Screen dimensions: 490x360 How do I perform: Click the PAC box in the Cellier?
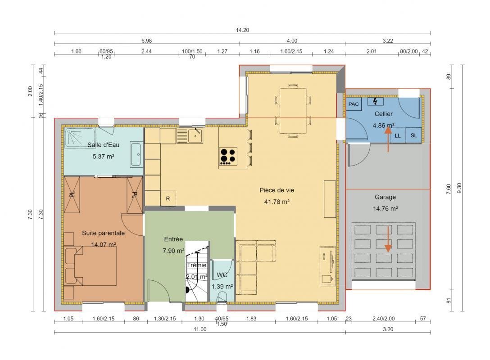(x=354, y=104)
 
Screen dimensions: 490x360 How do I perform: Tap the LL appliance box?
(x=398, y=135)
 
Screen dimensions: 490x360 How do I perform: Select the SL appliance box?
(x=414, y=135)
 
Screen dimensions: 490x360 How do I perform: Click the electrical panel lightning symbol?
(x=375, y=101)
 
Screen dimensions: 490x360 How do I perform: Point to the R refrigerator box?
(x=168, y=198)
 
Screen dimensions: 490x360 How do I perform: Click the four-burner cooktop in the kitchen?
(x=228, y=156)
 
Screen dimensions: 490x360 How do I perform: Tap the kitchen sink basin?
(x=195, y=135)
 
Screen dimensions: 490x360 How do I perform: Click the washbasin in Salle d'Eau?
(x=136, y=154)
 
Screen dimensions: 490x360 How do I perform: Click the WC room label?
(x=222, y=275)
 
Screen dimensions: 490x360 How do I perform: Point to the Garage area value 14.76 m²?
(x=386, y=208)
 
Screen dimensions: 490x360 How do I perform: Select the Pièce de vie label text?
(x=277, y=190)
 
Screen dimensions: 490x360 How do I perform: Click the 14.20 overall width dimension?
(x=242, y=30)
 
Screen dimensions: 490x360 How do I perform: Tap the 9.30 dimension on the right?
(x=459, y=188)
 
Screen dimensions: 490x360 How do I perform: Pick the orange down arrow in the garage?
(x=388, y=239)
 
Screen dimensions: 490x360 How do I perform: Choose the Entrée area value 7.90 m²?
(x=173, y=250)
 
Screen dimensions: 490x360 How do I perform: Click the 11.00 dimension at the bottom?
(x=200, y=329)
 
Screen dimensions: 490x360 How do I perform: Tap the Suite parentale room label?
(x=103, y=233)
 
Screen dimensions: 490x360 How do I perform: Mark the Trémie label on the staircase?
(x=196, y=265)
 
